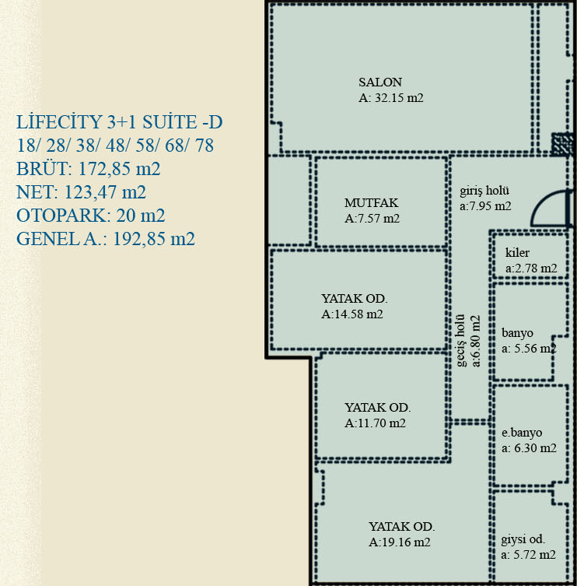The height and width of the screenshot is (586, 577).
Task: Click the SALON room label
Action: click(380, 82)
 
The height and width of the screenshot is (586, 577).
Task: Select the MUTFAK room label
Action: click(371, 203)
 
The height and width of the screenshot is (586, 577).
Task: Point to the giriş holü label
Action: click(484, 191)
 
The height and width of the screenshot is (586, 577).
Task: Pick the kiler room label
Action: click(517, 253)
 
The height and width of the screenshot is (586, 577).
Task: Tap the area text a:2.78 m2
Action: click(531, 268)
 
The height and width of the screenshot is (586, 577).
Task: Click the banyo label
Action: click(517, 333)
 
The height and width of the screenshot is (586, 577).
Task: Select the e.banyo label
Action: click(522, 433)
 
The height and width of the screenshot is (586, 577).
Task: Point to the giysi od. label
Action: click(523, 539)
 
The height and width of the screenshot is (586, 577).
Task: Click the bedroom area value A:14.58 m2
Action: click(352, 314)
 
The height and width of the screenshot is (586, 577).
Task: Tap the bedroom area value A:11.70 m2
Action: click(375, 423)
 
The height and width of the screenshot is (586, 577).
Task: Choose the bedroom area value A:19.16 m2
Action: click(400, 542)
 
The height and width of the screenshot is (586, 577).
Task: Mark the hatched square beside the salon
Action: click(562, 144)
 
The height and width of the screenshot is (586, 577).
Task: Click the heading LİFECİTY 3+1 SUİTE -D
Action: click(119, 122)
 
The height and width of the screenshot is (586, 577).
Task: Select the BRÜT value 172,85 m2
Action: click(119, 169)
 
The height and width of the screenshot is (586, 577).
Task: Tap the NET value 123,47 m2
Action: click(105, 192)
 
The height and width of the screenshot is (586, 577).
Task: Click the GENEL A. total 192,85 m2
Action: click(153, 239)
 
